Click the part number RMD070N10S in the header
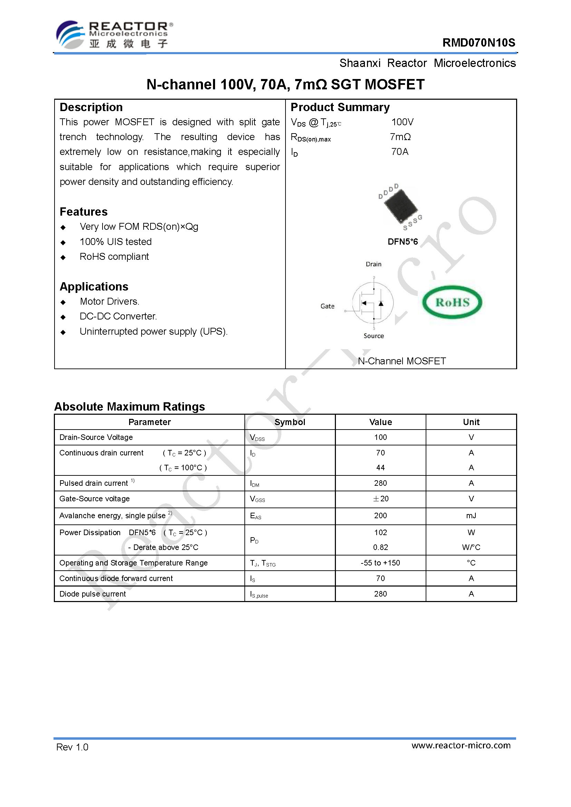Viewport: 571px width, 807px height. (x=478, y=42)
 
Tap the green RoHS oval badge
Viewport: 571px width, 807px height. (x=452, y=302)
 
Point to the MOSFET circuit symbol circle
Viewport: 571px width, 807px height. (x=373, y=303)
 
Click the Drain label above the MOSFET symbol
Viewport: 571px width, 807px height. (x=373, y=264)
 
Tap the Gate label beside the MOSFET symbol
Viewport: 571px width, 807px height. (x=327, y=306)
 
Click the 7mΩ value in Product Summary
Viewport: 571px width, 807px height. (x=400, y=137)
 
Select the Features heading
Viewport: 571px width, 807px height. (x=84, y=211)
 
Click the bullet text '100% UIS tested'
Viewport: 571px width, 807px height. (x=115, y=242)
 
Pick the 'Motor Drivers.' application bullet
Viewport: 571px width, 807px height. (x=109, y=301)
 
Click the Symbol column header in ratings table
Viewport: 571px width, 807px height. (x=290, y=422)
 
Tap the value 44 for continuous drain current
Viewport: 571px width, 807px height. (x=380, y=468)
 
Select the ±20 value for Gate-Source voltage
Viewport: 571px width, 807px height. (x=380, y=499)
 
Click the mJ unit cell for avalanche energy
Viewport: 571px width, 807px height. (x=471, y=515)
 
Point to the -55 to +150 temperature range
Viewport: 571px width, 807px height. (x=380, y=563)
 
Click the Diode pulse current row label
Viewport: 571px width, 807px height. (x=93, y=594)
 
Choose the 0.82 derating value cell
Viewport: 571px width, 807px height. (x=380, y=547)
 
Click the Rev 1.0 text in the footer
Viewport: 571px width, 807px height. (x=72, y=747)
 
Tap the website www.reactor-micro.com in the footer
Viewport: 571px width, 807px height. (x=461, y=745)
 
